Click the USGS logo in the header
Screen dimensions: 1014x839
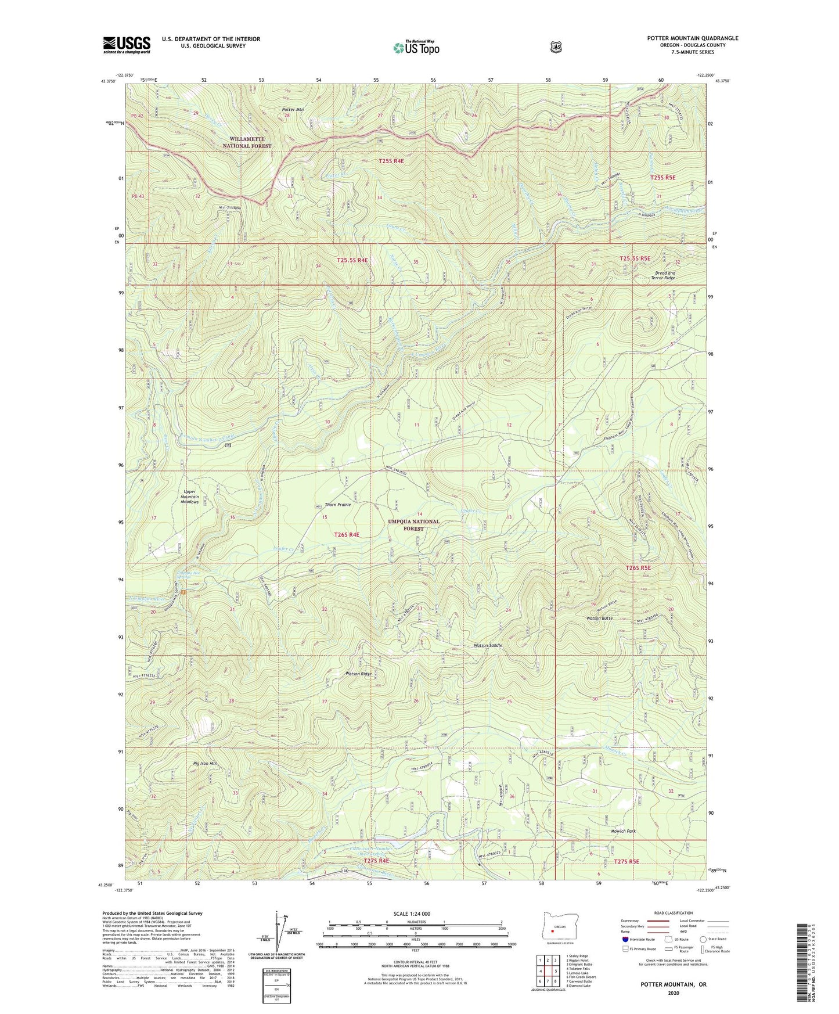(x=127, y=45)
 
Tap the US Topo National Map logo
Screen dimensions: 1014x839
(x=416, y=48)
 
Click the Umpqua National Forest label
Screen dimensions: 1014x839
(x=413, y=525)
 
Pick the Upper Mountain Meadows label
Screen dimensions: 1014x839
(x=189, y=497)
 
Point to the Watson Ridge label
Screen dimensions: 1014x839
(x=358, y=674)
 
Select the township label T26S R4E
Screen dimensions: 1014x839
(x=347, y=534)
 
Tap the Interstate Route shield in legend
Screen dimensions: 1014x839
(x=625, y=939)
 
